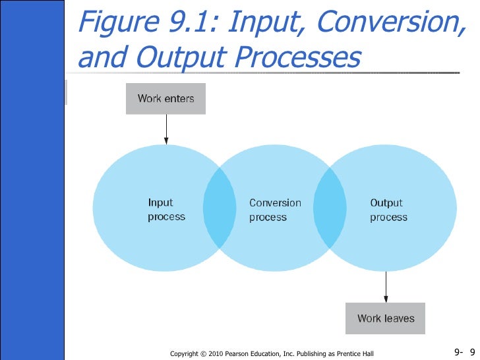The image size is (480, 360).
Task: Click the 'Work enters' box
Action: [x=165, y=100]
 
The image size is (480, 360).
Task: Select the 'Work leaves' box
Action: [x=386, y=318]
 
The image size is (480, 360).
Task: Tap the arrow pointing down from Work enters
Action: [x=166, y=129]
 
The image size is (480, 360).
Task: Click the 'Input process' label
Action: [x=166, y=210]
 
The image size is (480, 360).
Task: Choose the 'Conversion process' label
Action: [x=275, y=210]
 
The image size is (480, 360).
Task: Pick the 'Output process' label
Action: [x=388, y=210]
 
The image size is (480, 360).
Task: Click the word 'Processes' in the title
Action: [x=305, y=57]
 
